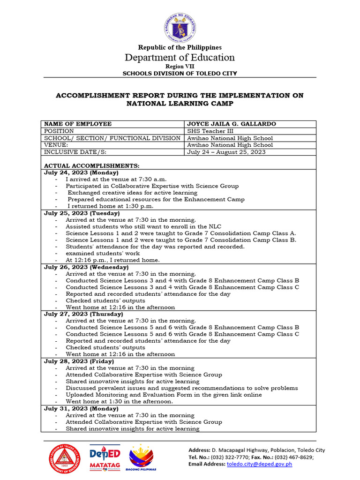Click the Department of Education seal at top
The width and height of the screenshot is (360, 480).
pos(180,27)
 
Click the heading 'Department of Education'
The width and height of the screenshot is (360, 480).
pos(180,58)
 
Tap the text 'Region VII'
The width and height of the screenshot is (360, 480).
pos(180,67)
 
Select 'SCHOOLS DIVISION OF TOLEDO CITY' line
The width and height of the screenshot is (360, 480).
pos(180,74)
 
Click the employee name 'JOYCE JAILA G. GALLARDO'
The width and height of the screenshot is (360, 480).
pos(232,124)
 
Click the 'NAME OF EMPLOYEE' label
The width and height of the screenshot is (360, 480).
pos(78,124)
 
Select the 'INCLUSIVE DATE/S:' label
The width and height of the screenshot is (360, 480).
pos(73,152)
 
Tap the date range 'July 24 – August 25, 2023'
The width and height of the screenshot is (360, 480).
pos(226,152)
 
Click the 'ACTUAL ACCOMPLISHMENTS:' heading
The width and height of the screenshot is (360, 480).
pos(91,166)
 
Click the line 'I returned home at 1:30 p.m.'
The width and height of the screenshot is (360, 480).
pos(110,206)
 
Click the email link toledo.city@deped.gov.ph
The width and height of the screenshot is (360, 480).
pos(259,464)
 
